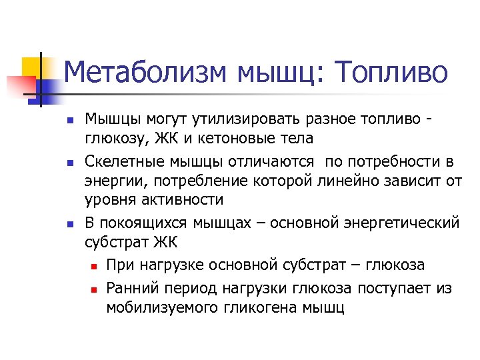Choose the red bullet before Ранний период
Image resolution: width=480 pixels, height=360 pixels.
click(x=94, y=289)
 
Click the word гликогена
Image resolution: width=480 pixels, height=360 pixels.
click(x=261, y=309)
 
